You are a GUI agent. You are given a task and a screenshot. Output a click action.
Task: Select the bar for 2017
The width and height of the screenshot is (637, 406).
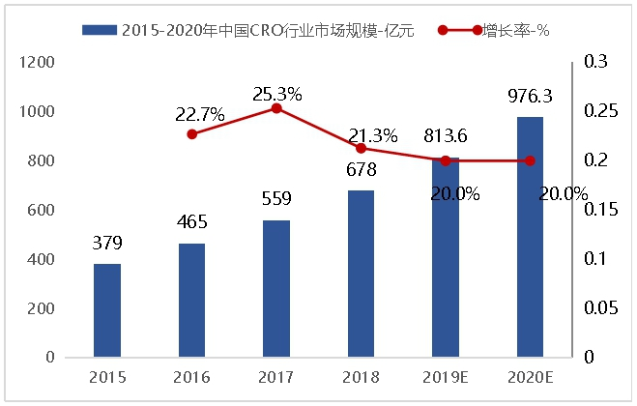(275, 288)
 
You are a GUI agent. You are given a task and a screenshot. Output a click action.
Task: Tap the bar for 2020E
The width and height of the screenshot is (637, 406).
(530, 237)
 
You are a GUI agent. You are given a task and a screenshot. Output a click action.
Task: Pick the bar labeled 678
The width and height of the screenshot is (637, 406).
(361, 274)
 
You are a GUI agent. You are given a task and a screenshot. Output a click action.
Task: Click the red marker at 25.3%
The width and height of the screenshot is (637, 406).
(276, 108)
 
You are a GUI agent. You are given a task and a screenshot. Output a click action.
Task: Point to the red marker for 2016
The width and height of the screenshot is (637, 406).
(191, 133)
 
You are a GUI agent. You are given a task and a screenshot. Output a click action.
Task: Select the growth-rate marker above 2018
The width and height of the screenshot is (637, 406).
(361, 148)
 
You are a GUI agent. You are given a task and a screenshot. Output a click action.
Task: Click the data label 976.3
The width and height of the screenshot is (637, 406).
(530, 96)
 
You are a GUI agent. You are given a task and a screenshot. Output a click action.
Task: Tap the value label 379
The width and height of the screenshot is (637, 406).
(106, 243)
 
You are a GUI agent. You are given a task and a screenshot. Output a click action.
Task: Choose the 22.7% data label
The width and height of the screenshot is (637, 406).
(200, 115)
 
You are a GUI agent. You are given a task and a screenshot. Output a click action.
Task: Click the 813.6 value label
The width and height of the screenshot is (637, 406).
(446, 136)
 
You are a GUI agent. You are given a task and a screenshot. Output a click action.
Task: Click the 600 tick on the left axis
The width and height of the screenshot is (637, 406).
(41, 211)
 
